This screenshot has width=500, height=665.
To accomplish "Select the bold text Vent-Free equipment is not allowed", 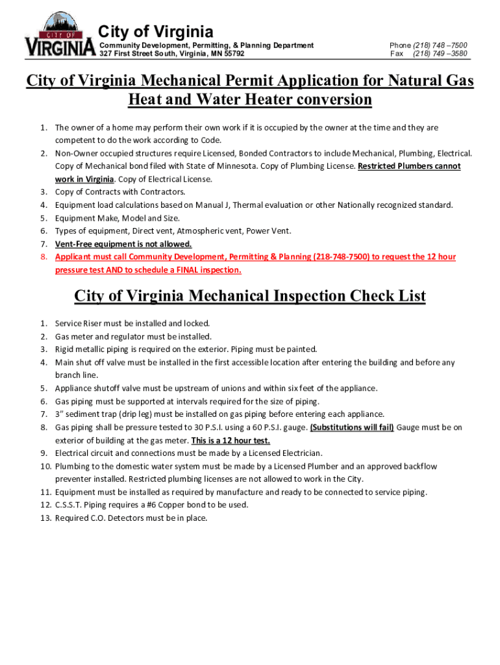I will [x=123, y=244].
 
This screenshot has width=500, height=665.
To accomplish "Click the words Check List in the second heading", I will [x=388, y=296].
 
